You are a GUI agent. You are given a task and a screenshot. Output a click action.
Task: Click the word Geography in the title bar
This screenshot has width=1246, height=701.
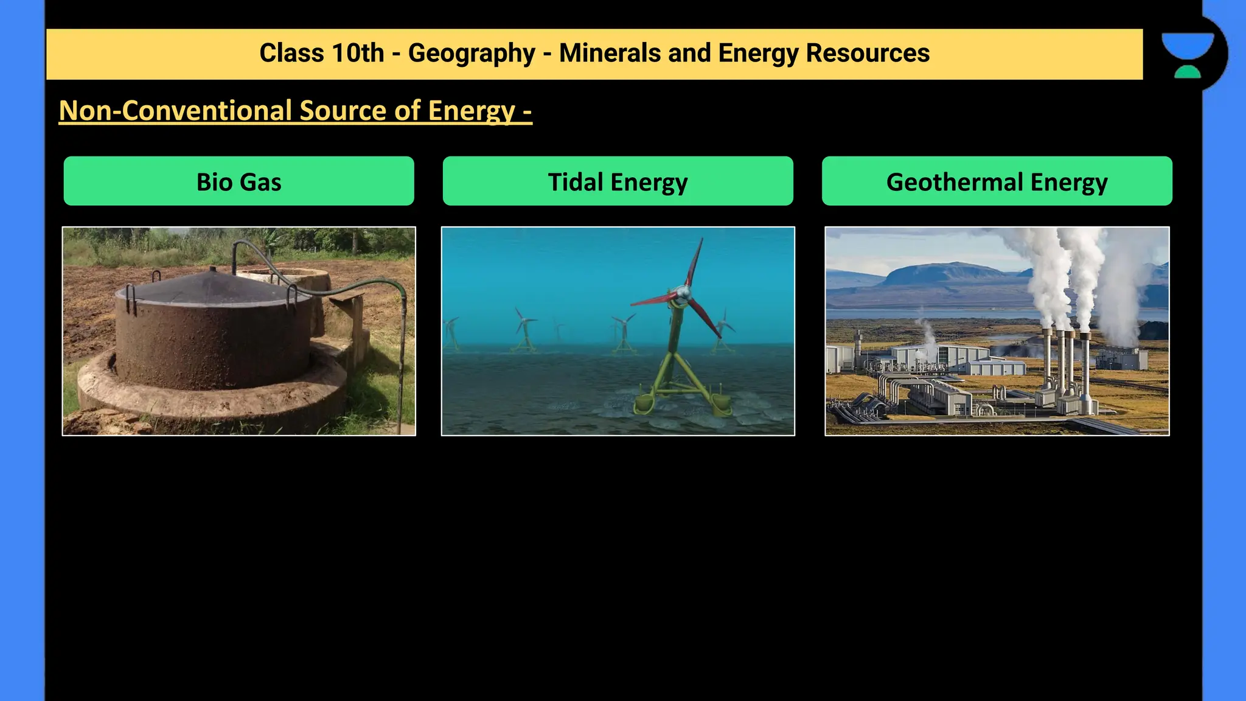472,54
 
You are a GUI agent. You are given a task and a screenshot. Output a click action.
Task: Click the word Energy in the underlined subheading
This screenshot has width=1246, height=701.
472,111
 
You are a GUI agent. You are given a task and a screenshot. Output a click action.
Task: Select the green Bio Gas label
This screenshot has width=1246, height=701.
239,181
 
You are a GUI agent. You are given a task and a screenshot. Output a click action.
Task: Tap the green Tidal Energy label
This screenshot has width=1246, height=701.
618,181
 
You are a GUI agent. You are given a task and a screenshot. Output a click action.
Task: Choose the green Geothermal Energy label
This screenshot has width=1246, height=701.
997,181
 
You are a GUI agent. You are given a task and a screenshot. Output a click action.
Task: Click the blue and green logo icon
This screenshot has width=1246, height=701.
1188,55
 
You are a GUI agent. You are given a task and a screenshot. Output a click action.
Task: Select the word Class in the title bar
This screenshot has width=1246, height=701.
291,54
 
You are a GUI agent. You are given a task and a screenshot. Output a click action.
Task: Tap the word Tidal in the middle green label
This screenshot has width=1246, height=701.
576,182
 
